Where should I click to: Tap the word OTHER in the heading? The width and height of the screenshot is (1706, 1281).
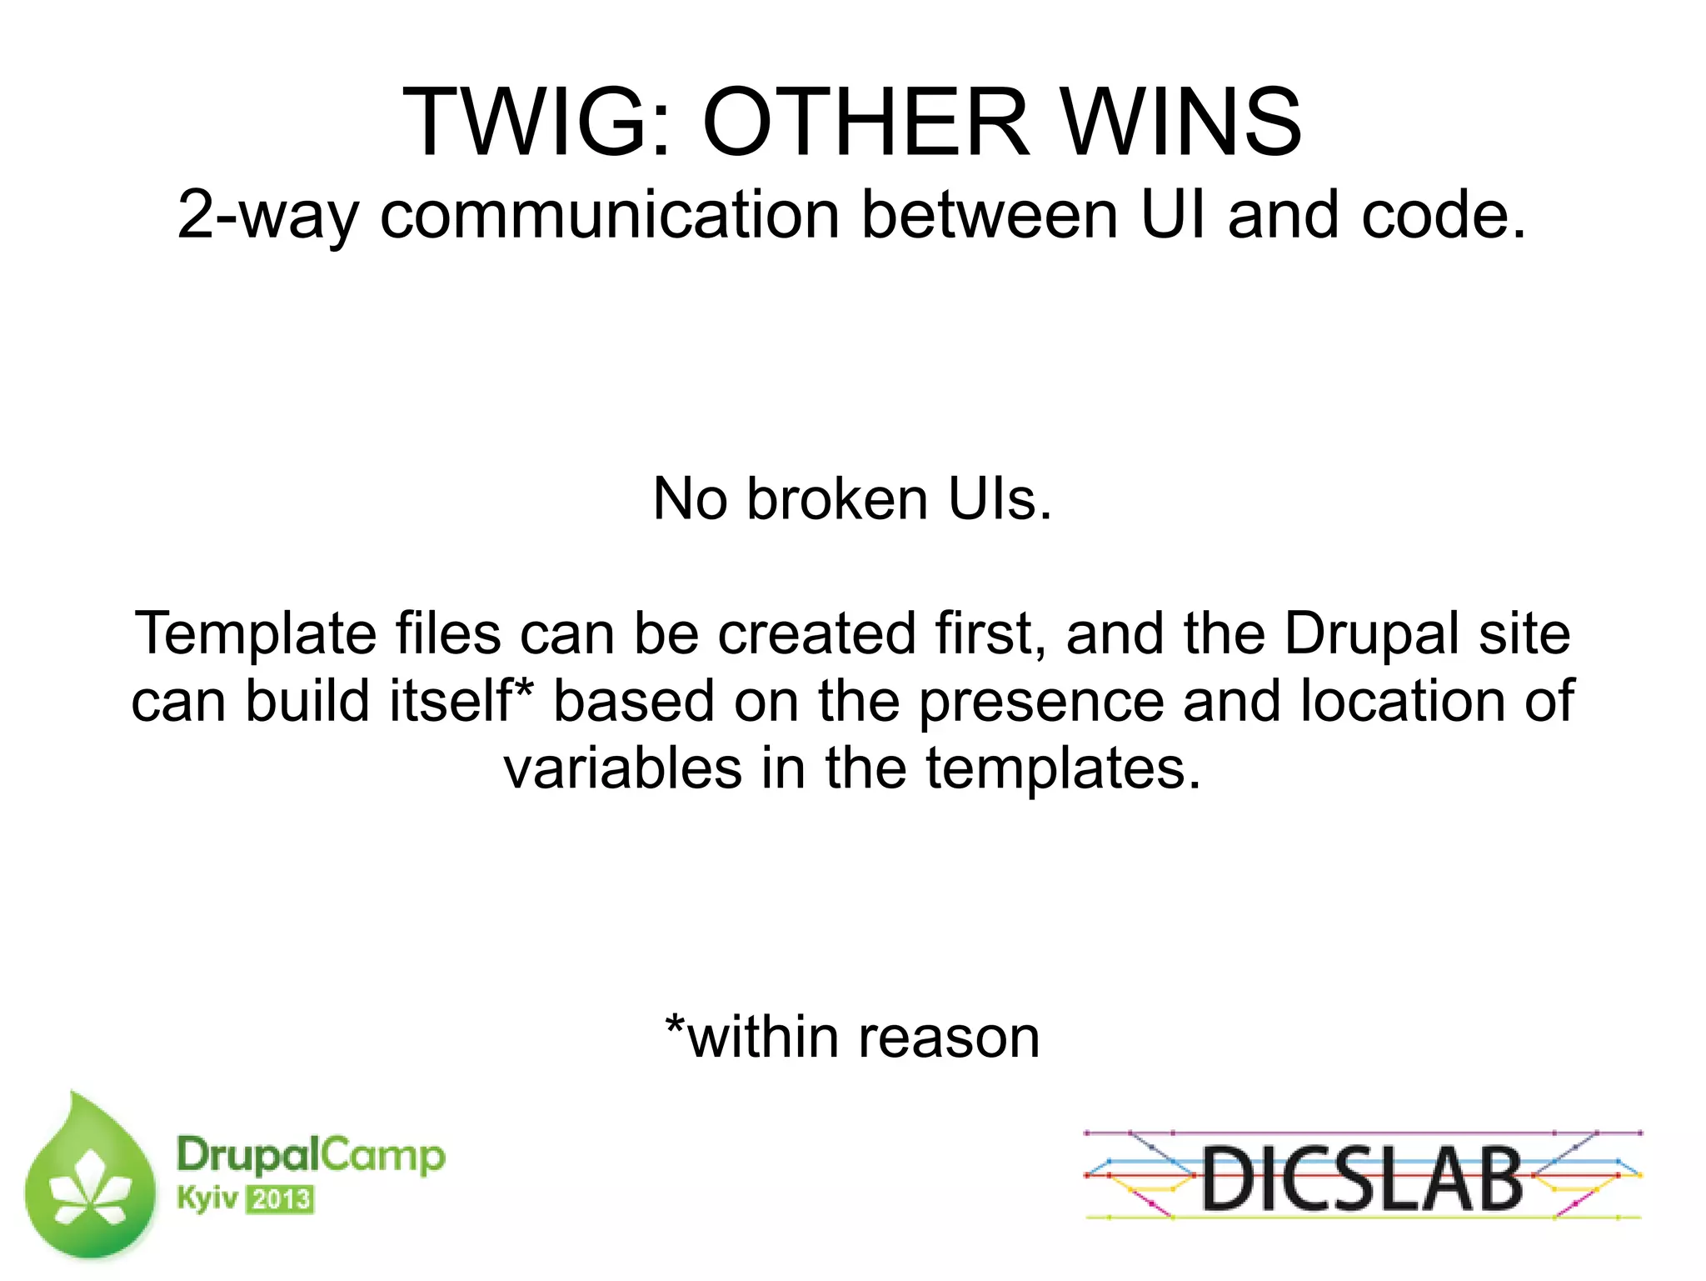tap(865, 123)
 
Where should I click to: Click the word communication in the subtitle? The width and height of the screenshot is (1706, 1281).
tap(609, 216)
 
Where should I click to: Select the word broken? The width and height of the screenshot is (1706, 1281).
tap(836, 499)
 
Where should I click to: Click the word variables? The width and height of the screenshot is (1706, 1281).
tap(622, 768)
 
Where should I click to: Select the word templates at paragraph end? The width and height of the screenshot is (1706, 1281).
tap(1063, 768)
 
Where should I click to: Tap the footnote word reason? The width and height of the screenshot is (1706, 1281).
tap(949, 1038)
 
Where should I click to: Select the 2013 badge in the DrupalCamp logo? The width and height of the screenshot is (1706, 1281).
tap(281, 1200)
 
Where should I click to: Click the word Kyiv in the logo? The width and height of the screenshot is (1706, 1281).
tap(207, 1199)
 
